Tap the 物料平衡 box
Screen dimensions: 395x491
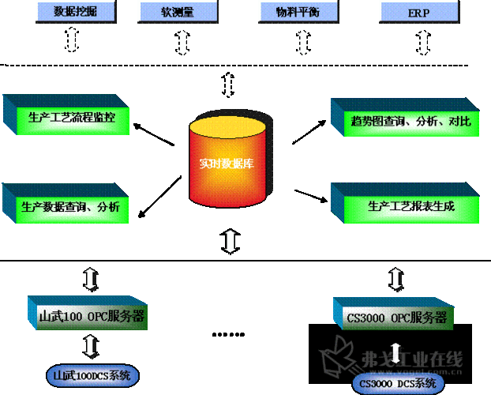(298, 11)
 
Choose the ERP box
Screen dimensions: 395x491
(419, 11)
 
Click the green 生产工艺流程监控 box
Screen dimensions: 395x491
(72, 118)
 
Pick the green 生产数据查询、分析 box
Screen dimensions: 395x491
(72, 207)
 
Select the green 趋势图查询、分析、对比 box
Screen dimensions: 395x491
(410, 121)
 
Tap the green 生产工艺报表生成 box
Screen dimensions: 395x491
(410, 206)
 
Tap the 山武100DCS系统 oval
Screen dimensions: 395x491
(92, 374)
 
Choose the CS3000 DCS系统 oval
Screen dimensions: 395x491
(397, 383)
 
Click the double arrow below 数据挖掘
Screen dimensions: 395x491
(72, 40)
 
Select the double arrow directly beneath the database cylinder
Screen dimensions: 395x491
(231, 240)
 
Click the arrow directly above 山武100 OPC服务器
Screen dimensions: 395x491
(90, 278)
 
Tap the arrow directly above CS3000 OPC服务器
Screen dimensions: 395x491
(397, 278)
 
